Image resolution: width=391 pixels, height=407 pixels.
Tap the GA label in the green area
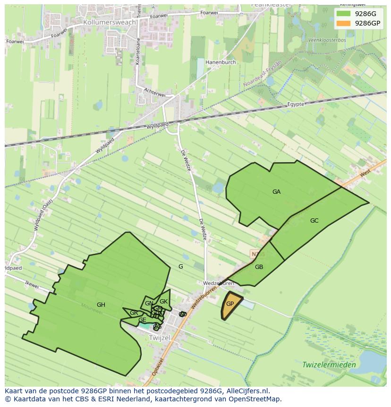click(x=276, y=192)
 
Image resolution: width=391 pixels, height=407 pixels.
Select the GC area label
click(x=314, y=221)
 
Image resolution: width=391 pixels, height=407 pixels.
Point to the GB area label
click(x=259, y=267)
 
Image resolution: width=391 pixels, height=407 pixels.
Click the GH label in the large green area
click(x=101, y=305)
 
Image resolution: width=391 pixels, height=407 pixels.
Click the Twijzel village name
click(x=159, y=338)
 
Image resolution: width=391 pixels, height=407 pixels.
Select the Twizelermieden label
click(x=329, y=365)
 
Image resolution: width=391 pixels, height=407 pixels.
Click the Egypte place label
click(x=297, y=104)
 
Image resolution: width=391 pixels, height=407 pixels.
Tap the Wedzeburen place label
click(x=218, y=284)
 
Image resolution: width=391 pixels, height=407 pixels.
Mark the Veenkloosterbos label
click(x=327, y=40)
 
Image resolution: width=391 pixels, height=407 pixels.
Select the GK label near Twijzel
click(x=163, y=302)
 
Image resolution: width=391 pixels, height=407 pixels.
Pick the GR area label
click(x=134, y=313)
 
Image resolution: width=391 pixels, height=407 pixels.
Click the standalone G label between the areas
click(x=180, y=267)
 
